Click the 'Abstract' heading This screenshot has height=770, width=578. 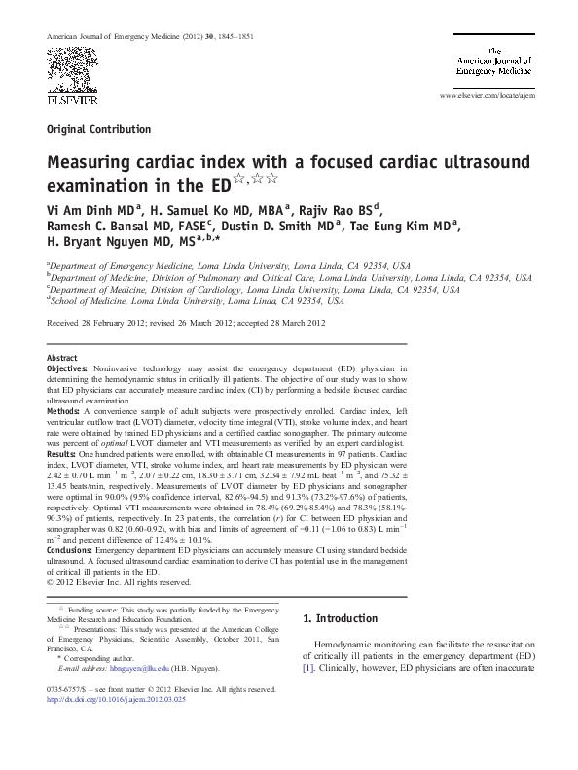coord(62,358)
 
